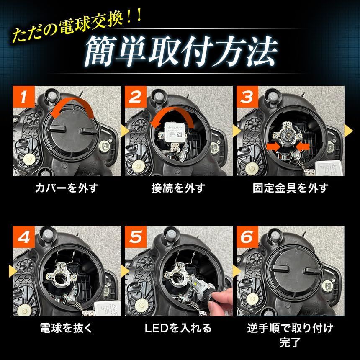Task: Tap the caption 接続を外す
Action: [x=178, y=188]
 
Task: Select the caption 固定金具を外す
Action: [x=290, y=188]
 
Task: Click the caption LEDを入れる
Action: [x=178, y=327]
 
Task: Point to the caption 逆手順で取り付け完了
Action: [x=290, y=334]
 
